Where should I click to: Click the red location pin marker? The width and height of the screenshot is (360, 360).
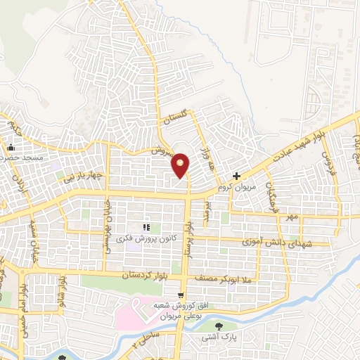pos(181,165)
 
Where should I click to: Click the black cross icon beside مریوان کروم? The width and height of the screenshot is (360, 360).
pos(237,176)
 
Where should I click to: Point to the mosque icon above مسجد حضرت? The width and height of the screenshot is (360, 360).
pos(11,148)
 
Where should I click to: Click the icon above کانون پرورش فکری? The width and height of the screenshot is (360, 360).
pos(147,227)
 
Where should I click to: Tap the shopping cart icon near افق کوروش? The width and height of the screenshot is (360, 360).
pos(181,295)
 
